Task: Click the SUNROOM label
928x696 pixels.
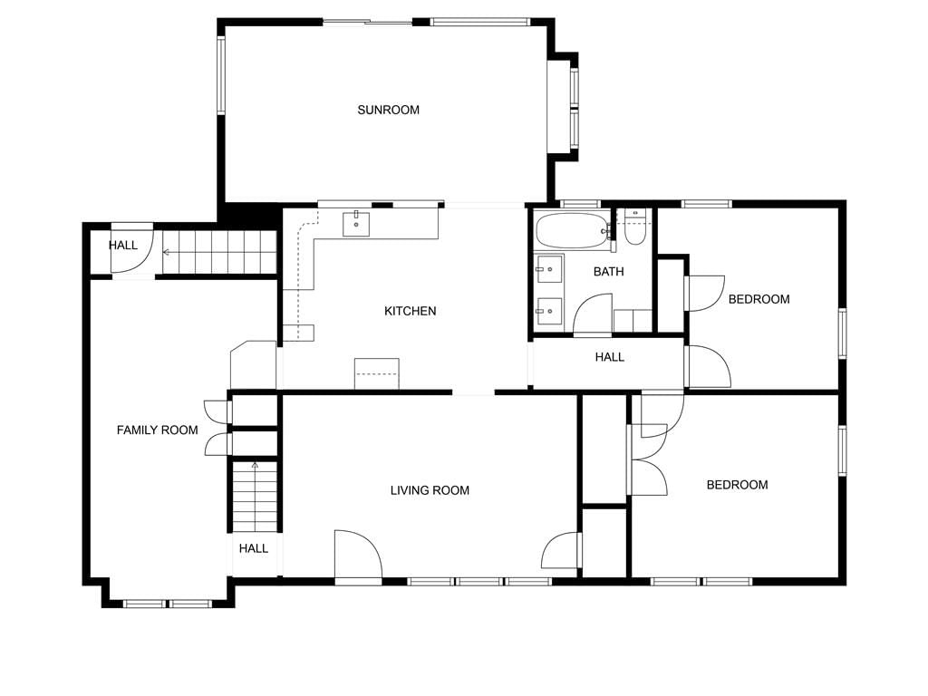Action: tap(388, 110)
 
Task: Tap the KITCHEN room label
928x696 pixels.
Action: tap(411, 311)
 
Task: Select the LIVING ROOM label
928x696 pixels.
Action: tap(430, 490)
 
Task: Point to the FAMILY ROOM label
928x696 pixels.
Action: tap(157, 430)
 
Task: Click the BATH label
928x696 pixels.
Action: tap(608, 272)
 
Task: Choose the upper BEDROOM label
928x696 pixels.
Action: tap(759, 299)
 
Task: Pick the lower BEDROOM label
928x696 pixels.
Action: tap(738, 485)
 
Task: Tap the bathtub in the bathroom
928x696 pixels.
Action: tap(573, 231)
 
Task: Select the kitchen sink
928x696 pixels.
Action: tap(356, 224)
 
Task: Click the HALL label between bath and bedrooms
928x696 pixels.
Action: tap(610, 357)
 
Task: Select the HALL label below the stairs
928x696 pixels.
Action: tap(254, 548)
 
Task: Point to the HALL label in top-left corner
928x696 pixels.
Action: tap(123, 245)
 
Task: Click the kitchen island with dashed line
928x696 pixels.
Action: tap(376, 373)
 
